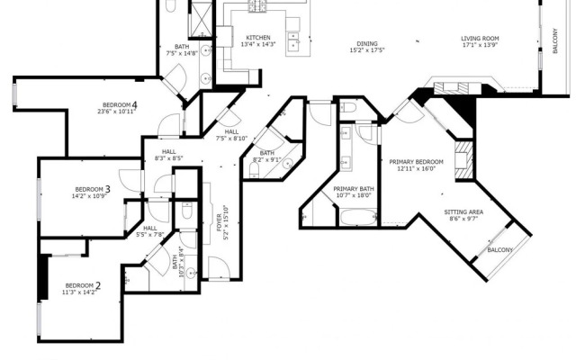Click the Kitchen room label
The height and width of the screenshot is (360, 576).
(258, 38)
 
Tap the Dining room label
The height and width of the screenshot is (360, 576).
(367, 44)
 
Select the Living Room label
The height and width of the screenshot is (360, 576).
(480, 39)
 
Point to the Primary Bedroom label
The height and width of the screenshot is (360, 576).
(416, 162)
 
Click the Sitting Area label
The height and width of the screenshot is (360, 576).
(463, 212)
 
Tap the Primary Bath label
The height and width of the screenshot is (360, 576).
(354, 189)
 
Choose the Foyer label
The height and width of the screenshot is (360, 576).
(220, 222)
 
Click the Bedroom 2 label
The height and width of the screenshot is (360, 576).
(83, 286)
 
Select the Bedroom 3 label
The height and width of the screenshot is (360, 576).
(93, 189)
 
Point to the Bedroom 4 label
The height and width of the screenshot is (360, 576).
(120, 105)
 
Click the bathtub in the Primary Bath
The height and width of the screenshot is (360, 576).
(358, 217)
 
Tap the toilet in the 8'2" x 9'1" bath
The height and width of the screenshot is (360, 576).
(254, 170)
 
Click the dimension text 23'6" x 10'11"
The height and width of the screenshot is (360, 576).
(116, 112)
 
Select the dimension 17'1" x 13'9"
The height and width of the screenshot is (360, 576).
(480, 45)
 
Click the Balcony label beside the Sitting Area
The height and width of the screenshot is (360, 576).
(500, 250)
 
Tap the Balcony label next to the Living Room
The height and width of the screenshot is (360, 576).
(555, 40)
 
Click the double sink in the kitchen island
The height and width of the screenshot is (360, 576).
(293, 41)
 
